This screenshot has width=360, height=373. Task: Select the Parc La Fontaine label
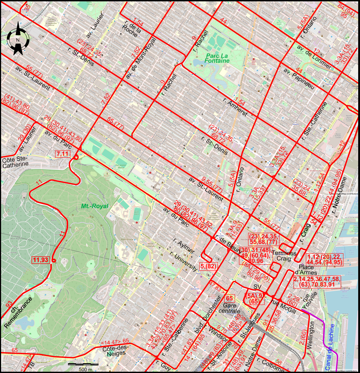pyautogui.click(x=217, y=58)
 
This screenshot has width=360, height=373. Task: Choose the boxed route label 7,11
pyautogui.click(x=62, y=154)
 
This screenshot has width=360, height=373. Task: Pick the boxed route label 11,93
pyautogui.click(x=40, y=259)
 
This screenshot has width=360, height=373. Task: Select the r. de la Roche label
pyautogui.click(x=130, y=30)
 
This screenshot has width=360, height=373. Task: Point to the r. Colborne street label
pyautogui.click(x=270, y=365)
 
